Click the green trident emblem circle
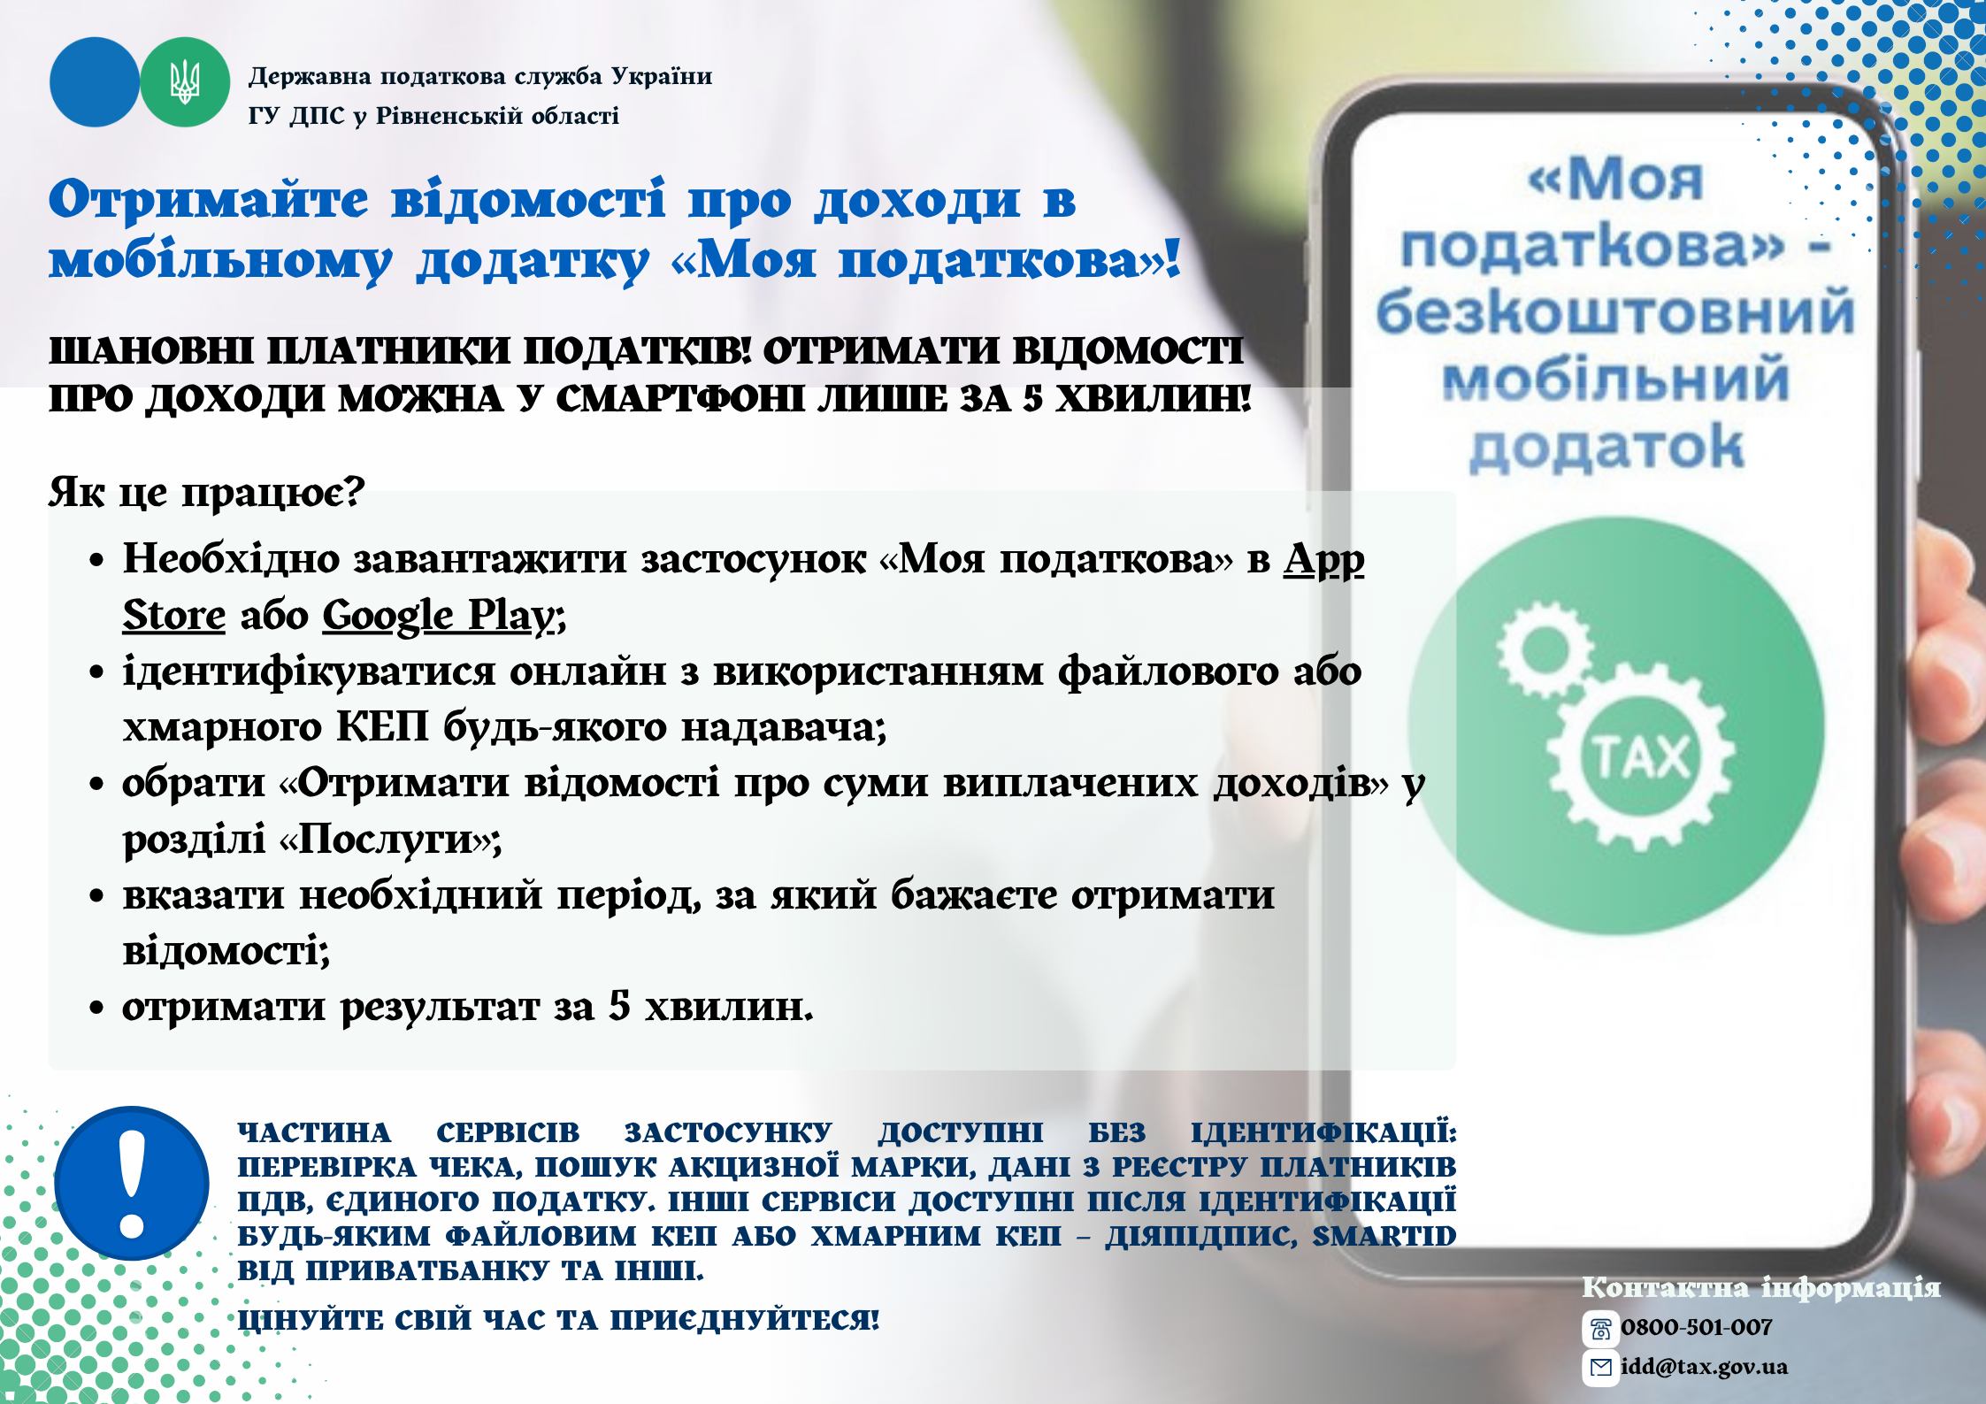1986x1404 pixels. [185, 82]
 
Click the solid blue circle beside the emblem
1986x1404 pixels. [95, 82]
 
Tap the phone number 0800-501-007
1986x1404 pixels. [1697, 1327]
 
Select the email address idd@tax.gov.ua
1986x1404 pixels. [1704, 1367]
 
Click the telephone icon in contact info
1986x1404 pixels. [1600, 1329]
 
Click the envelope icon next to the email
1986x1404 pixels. [1600, 1368]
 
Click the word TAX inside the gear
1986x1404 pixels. [1641, 757]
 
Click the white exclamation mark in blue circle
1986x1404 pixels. [132, 1184]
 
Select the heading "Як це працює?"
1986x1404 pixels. [206, 492]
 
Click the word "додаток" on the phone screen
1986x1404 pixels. [1606, 448]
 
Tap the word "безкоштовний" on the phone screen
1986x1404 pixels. [1615, 312]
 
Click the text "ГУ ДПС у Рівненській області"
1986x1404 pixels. [433, 116]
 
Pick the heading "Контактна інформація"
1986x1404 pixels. [1761, 1287]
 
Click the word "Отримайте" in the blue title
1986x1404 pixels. [208, 200]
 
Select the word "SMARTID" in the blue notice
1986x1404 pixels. [1384, 1236]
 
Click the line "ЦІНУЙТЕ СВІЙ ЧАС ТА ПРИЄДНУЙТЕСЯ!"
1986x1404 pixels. [559, 1320]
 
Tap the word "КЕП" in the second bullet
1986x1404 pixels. [382, 727]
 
